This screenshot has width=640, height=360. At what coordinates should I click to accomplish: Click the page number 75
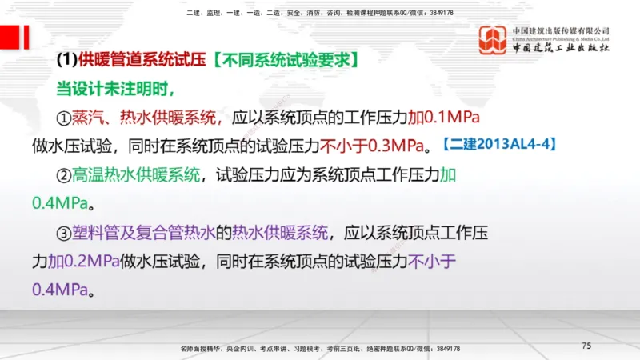pos(586,346)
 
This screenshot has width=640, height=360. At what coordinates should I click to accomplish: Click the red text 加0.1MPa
pos(443,118)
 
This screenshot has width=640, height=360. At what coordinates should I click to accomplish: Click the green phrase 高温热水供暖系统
pos(137,174)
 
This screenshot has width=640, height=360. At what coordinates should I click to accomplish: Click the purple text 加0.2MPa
pos(84,261)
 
